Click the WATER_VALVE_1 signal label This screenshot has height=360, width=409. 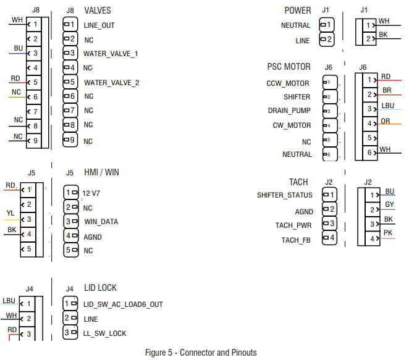[111, 54]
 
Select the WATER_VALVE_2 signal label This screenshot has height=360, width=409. [112, 82]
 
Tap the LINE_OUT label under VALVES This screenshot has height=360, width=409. [99, 26]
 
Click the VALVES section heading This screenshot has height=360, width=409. [98, 10]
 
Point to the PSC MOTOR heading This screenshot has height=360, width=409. [289, 67]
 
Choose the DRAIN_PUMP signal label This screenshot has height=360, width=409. [290, 111]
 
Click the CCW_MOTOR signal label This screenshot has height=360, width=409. [289, 83]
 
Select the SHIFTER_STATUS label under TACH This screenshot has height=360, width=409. [285, 196]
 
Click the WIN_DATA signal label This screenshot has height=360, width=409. [101, 222]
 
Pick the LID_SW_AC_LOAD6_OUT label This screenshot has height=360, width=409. [123, 304]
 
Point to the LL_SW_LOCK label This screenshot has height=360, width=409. [104, 333]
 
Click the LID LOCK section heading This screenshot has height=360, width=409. [100, 288]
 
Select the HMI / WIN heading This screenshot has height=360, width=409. [101, 173]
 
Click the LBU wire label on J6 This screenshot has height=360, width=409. [387, 106]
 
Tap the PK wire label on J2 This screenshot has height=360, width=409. [388, 232]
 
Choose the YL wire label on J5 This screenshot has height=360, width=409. [10, 213]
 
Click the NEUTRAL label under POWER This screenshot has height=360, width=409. [296, 26]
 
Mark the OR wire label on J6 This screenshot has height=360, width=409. [386, 121]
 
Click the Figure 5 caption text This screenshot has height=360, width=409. [201, 353]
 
